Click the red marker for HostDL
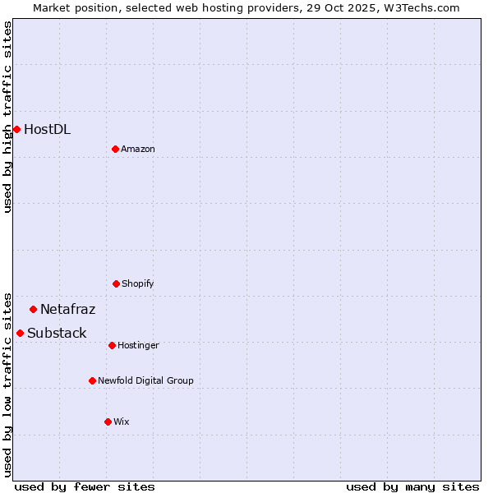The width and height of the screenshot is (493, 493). (16, 129)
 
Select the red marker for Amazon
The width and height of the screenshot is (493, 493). (115, 149)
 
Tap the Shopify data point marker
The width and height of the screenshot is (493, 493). (116, 283)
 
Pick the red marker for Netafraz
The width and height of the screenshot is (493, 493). (33, 309)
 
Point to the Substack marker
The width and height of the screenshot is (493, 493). (20, 333)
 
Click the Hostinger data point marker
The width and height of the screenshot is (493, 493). (112, 345)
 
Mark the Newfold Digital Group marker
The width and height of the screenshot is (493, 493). (92, 380)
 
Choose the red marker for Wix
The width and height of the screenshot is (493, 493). (108, 422)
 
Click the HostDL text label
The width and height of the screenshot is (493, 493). (47, 129)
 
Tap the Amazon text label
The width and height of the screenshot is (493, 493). (138, 149)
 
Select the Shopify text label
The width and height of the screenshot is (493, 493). (138, 283)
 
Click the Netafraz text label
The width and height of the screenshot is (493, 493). (67, 309)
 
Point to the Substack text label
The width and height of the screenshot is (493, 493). (57, 333)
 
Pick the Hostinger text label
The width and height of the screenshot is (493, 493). (138, 345)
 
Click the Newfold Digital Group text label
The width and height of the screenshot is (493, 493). (145, 380)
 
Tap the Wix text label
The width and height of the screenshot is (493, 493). (122, 422)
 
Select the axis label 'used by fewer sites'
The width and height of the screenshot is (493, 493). (85, 486)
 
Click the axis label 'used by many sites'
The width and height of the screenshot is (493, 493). (412, 486)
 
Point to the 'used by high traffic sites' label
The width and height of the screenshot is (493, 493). (7, 117)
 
